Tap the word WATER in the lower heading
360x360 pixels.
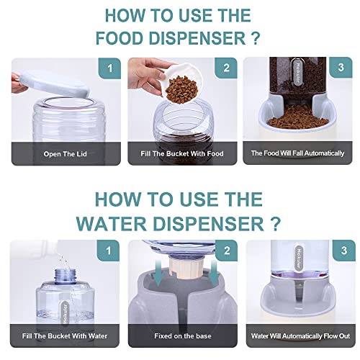pos(112,223)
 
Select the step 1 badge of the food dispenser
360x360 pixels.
pos(109,68)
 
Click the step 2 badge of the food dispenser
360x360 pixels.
pos(226,68)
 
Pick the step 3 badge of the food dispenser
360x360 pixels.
pos(341,68)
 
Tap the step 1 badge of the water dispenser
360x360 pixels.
pos(109,251)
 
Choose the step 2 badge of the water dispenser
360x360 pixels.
pos(227,251)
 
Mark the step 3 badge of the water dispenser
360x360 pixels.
pos(344,251)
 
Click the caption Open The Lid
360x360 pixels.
pos(66,154)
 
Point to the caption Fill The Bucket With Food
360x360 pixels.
pos(182,153)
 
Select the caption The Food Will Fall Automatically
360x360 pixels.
pos(297,153)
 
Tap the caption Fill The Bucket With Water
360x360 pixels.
pos(65,336)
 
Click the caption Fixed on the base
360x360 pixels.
pos(183,336)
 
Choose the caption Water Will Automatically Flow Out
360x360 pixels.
pos(300,336)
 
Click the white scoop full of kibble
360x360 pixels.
pos(182,83)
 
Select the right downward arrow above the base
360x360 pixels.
pos(213,273)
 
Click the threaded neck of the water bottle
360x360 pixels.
pos(66,276)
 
